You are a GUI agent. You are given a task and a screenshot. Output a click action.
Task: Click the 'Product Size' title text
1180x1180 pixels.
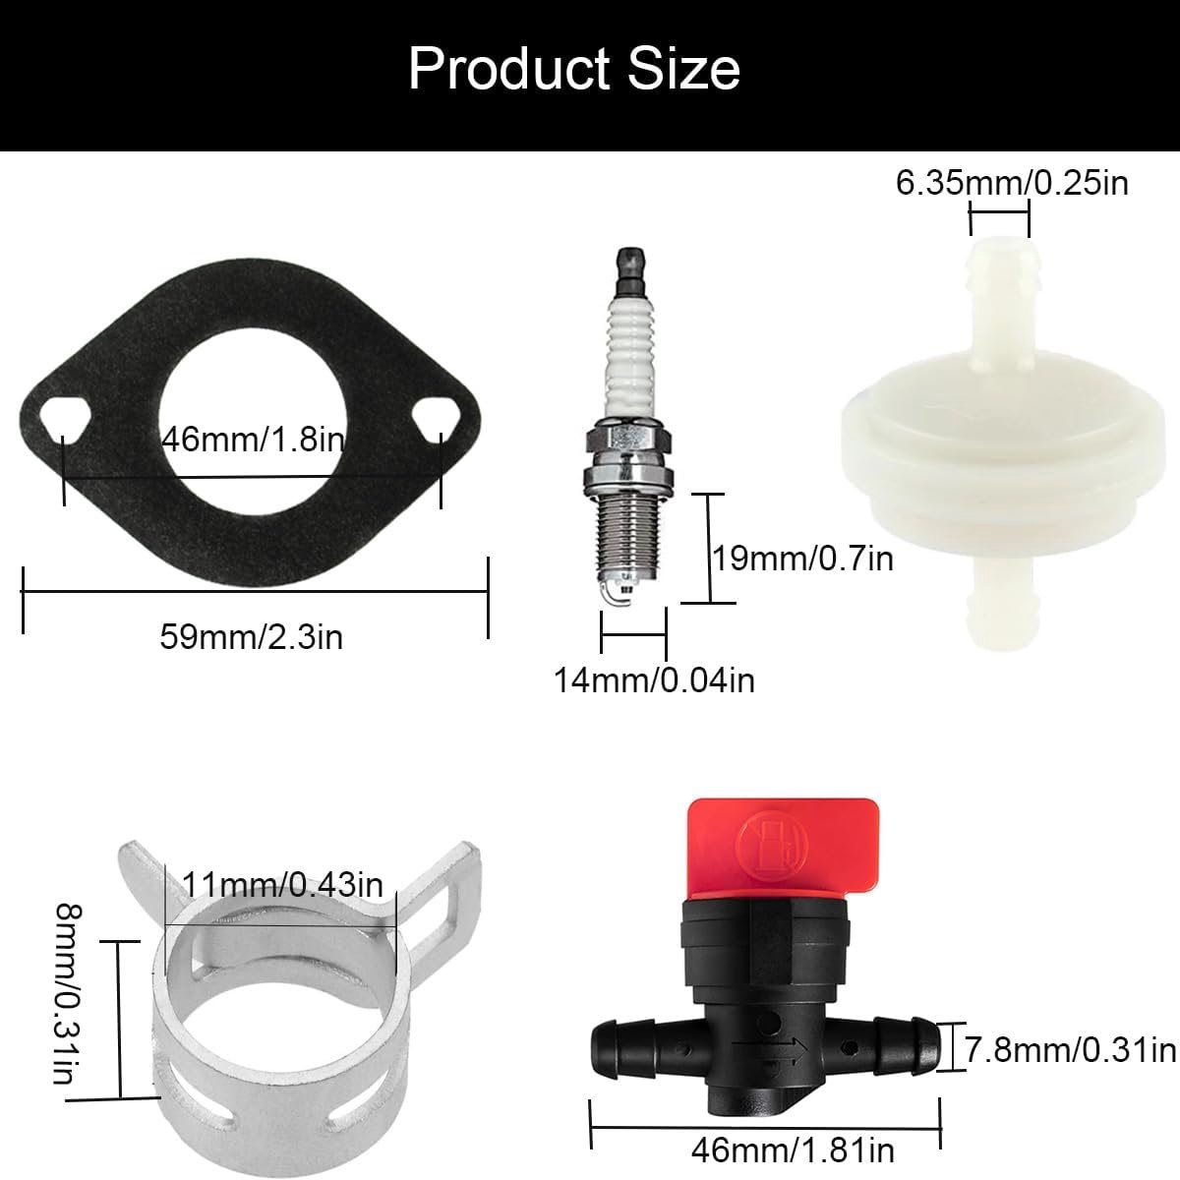(x=573, y=69)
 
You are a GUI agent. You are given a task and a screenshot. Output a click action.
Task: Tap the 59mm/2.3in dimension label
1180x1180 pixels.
(x=252, y=637)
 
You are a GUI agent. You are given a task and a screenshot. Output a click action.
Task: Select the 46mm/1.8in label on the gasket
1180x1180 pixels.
(x=254, y=440)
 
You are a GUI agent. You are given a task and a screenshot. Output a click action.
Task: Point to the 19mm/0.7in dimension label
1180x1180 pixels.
(x=803, y=559)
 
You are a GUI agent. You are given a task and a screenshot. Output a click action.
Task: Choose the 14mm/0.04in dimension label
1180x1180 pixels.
(x=655, y=680)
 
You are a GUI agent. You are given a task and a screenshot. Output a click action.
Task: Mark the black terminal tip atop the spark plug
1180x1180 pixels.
(x=632, y=270)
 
